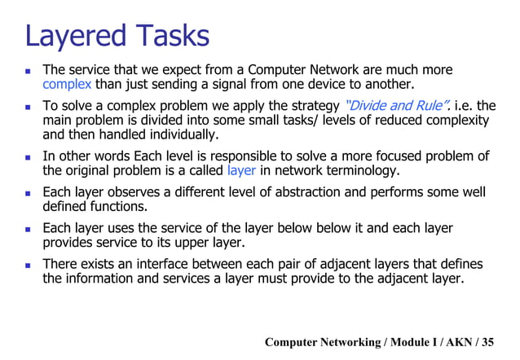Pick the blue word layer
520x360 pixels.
pyautogui.click(x=241, y=171)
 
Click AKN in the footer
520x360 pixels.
pyautogui.click(x=462, y=342)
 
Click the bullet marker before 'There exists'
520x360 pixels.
pyautogui.click(x=27, y=265)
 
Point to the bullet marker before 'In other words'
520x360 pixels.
pyautogui.click(x=27, y=156)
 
